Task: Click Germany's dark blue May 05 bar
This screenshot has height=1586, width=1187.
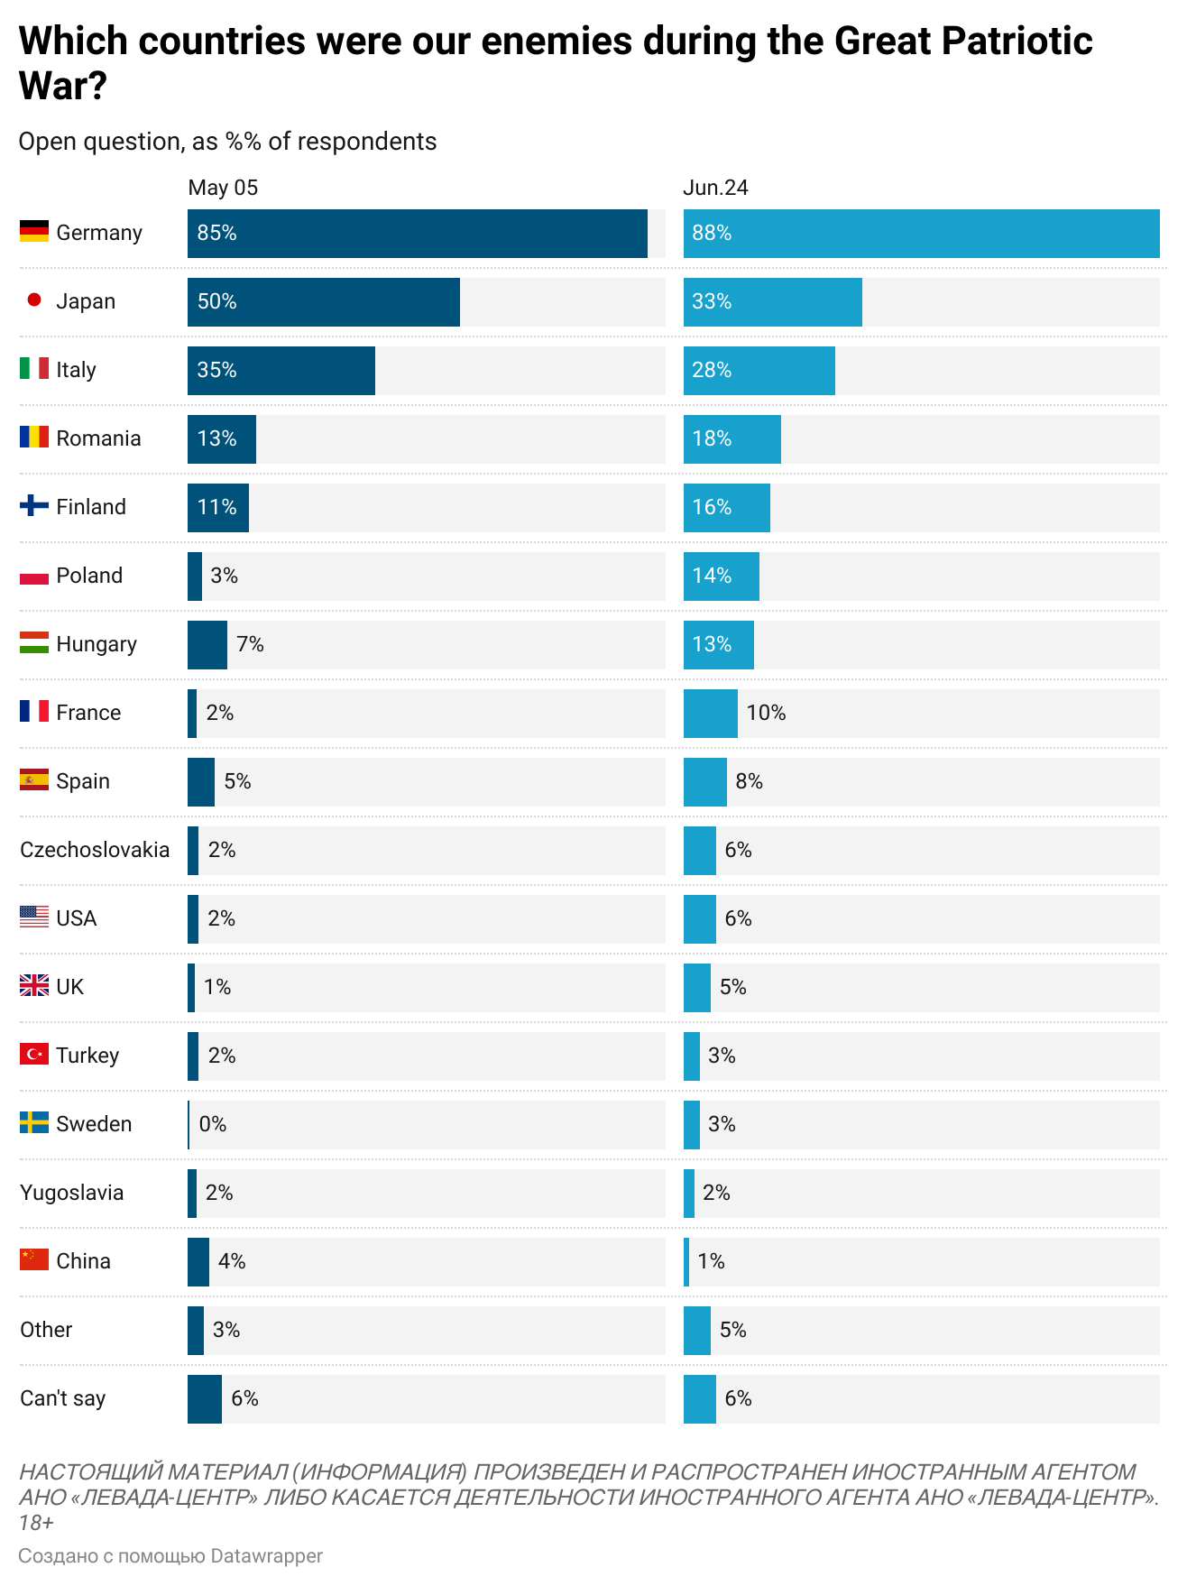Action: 417,234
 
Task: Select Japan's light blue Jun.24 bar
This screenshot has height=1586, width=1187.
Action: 772,302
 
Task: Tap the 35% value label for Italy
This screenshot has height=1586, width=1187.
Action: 216,371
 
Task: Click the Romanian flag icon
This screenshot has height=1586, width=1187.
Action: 34,438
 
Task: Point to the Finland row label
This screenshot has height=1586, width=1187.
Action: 90,507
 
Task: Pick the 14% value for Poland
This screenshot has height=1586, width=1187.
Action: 712,576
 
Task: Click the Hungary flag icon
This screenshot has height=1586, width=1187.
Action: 34,643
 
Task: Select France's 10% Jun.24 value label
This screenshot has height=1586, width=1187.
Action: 766,713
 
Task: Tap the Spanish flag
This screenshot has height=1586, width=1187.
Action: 34,780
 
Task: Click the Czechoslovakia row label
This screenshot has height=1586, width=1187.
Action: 95,850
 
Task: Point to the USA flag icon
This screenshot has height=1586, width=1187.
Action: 34,917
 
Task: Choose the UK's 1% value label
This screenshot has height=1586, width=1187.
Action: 217,987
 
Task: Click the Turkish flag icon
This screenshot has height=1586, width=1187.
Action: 34,1054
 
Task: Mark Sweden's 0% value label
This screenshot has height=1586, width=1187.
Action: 213,1124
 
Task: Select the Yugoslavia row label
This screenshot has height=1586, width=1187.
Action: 71,1193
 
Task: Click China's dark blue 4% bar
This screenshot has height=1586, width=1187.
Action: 198,1262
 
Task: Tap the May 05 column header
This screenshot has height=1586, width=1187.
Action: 223,188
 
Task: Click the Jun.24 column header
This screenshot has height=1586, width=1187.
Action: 715,188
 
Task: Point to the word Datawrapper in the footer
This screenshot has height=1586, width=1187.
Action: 266,1556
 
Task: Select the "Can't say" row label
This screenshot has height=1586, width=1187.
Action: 62,1398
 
